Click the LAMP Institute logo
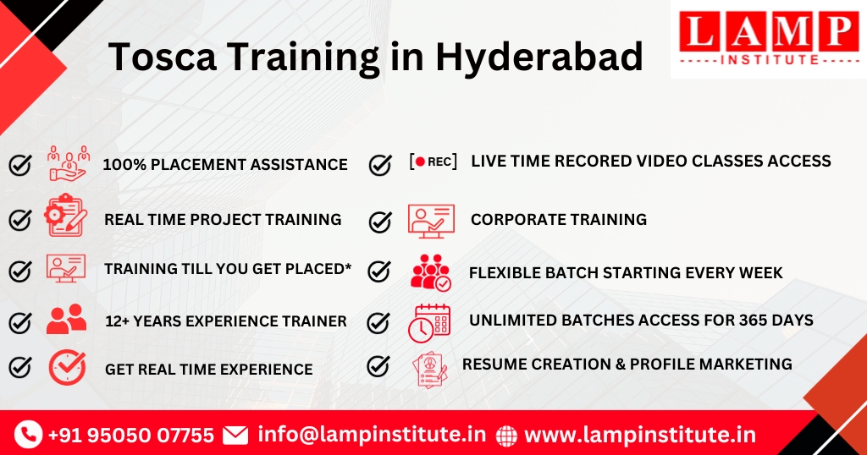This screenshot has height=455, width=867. tap(769, 38)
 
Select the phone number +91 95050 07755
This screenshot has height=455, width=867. tap(130, 436)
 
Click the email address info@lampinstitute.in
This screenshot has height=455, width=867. tap(372, 435)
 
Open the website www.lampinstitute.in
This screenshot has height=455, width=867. tap(639, 435)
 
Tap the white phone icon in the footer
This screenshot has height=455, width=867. tap(28, 435)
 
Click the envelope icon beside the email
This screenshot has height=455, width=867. tap(235, 436)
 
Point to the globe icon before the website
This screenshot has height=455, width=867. tap(506, 436)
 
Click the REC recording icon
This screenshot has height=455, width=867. tap(433, 162)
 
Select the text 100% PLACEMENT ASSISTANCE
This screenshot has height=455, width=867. tap(224, 165)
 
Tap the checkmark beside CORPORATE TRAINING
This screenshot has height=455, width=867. tap(380, 222)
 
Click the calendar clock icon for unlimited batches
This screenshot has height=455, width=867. tap(429, 323)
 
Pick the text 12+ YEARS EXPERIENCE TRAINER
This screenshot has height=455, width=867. tap(225, 321)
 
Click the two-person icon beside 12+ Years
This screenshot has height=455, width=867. tap(66, 319)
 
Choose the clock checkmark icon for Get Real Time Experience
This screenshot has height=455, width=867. tap(67, 367)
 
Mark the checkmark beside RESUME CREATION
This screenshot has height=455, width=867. tap(378, 366)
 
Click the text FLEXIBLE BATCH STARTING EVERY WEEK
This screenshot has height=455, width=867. tap(626, 272)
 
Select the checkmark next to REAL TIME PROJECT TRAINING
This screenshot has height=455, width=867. tap(20, 220)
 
